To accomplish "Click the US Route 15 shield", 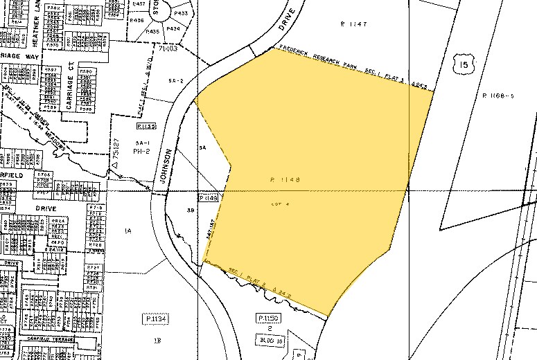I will [463, 65].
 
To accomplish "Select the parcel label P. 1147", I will [353, 24].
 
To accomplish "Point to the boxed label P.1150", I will [267, 318].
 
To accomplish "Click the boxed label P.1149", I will [209, 198].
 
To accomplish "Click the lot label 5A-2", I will [175, 81].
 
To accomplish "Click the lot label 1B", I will [157, 341].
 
